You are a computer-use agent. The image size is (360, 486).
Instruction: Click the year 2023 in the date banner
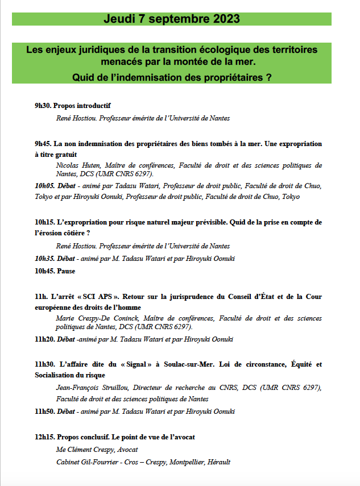[x=226, y=19]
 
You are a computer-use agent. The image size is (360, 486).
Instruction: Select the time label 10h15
[x=44, y=222]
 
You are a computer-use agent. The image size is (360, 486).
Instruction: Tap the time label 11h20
[x=44, y=339]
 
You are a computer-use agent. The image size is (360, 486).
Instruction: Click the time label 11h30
[x=44, y=364]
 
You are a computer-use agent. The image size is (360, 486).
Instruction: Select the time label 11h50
[x=44, y=411]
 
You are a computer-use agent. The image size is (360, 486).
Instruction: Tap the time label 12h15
[x=44, y=437]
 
